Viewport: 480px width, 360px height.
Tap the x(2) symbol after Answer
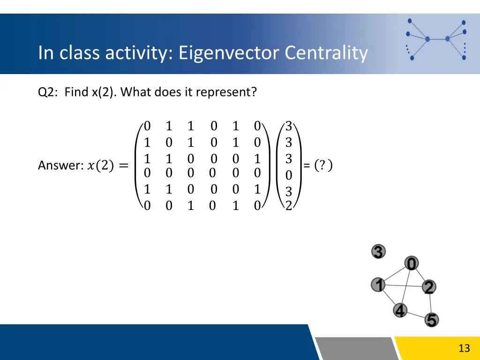100,165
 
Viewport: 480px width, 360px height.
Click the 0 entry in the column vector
289,175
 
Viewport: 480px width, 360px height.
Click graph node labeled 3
379,252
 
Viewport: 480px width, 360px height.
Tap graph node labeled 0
412,264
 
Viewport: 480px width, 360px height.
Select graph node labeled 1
378,285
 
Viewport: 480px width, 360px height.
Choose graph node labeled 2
428,287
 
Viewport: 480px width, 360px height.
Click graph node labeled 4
400,310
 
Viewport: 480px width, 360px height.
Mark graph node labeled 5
431,320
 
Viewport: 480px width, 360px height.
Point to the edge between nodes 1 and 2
403,285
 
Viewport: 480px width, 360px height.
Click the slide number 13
464,348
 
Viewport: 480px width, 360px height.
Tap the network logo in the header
436,39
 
